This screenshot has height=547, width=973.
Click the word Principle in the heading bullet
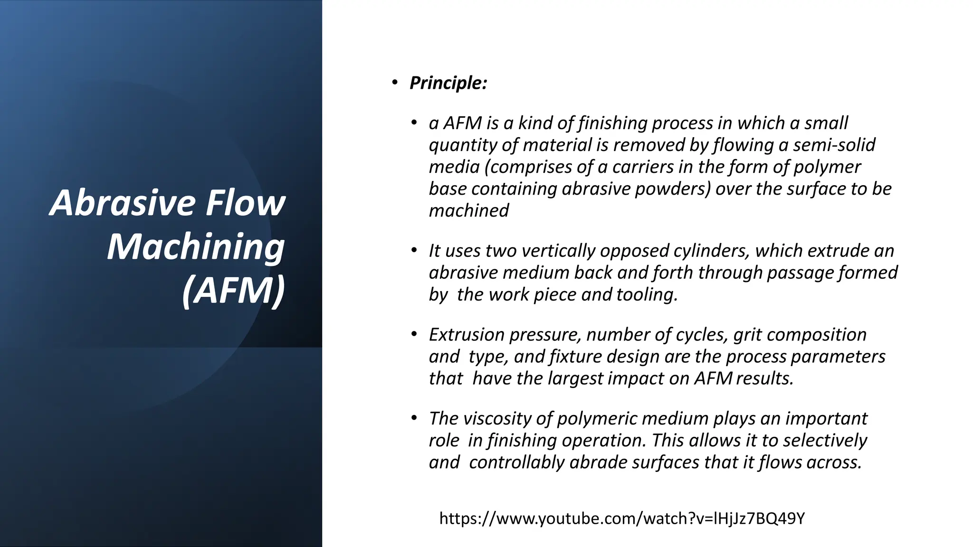(448, 83)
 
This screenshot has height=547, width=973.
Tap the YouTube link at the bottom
(622, 518)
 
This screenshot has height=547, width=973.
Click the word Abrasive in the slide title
(122, 203)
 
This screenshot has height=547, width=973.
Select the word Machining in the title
(195, 247)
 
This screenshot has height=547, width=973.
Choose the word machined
(468, 210)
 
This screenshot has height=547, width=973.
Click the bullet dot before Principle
(394, 83)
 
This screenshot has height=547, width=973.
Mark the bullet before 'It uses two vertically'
(414, 250)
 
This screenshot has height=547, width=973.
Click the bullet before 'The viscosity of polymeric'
(414, 418)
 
